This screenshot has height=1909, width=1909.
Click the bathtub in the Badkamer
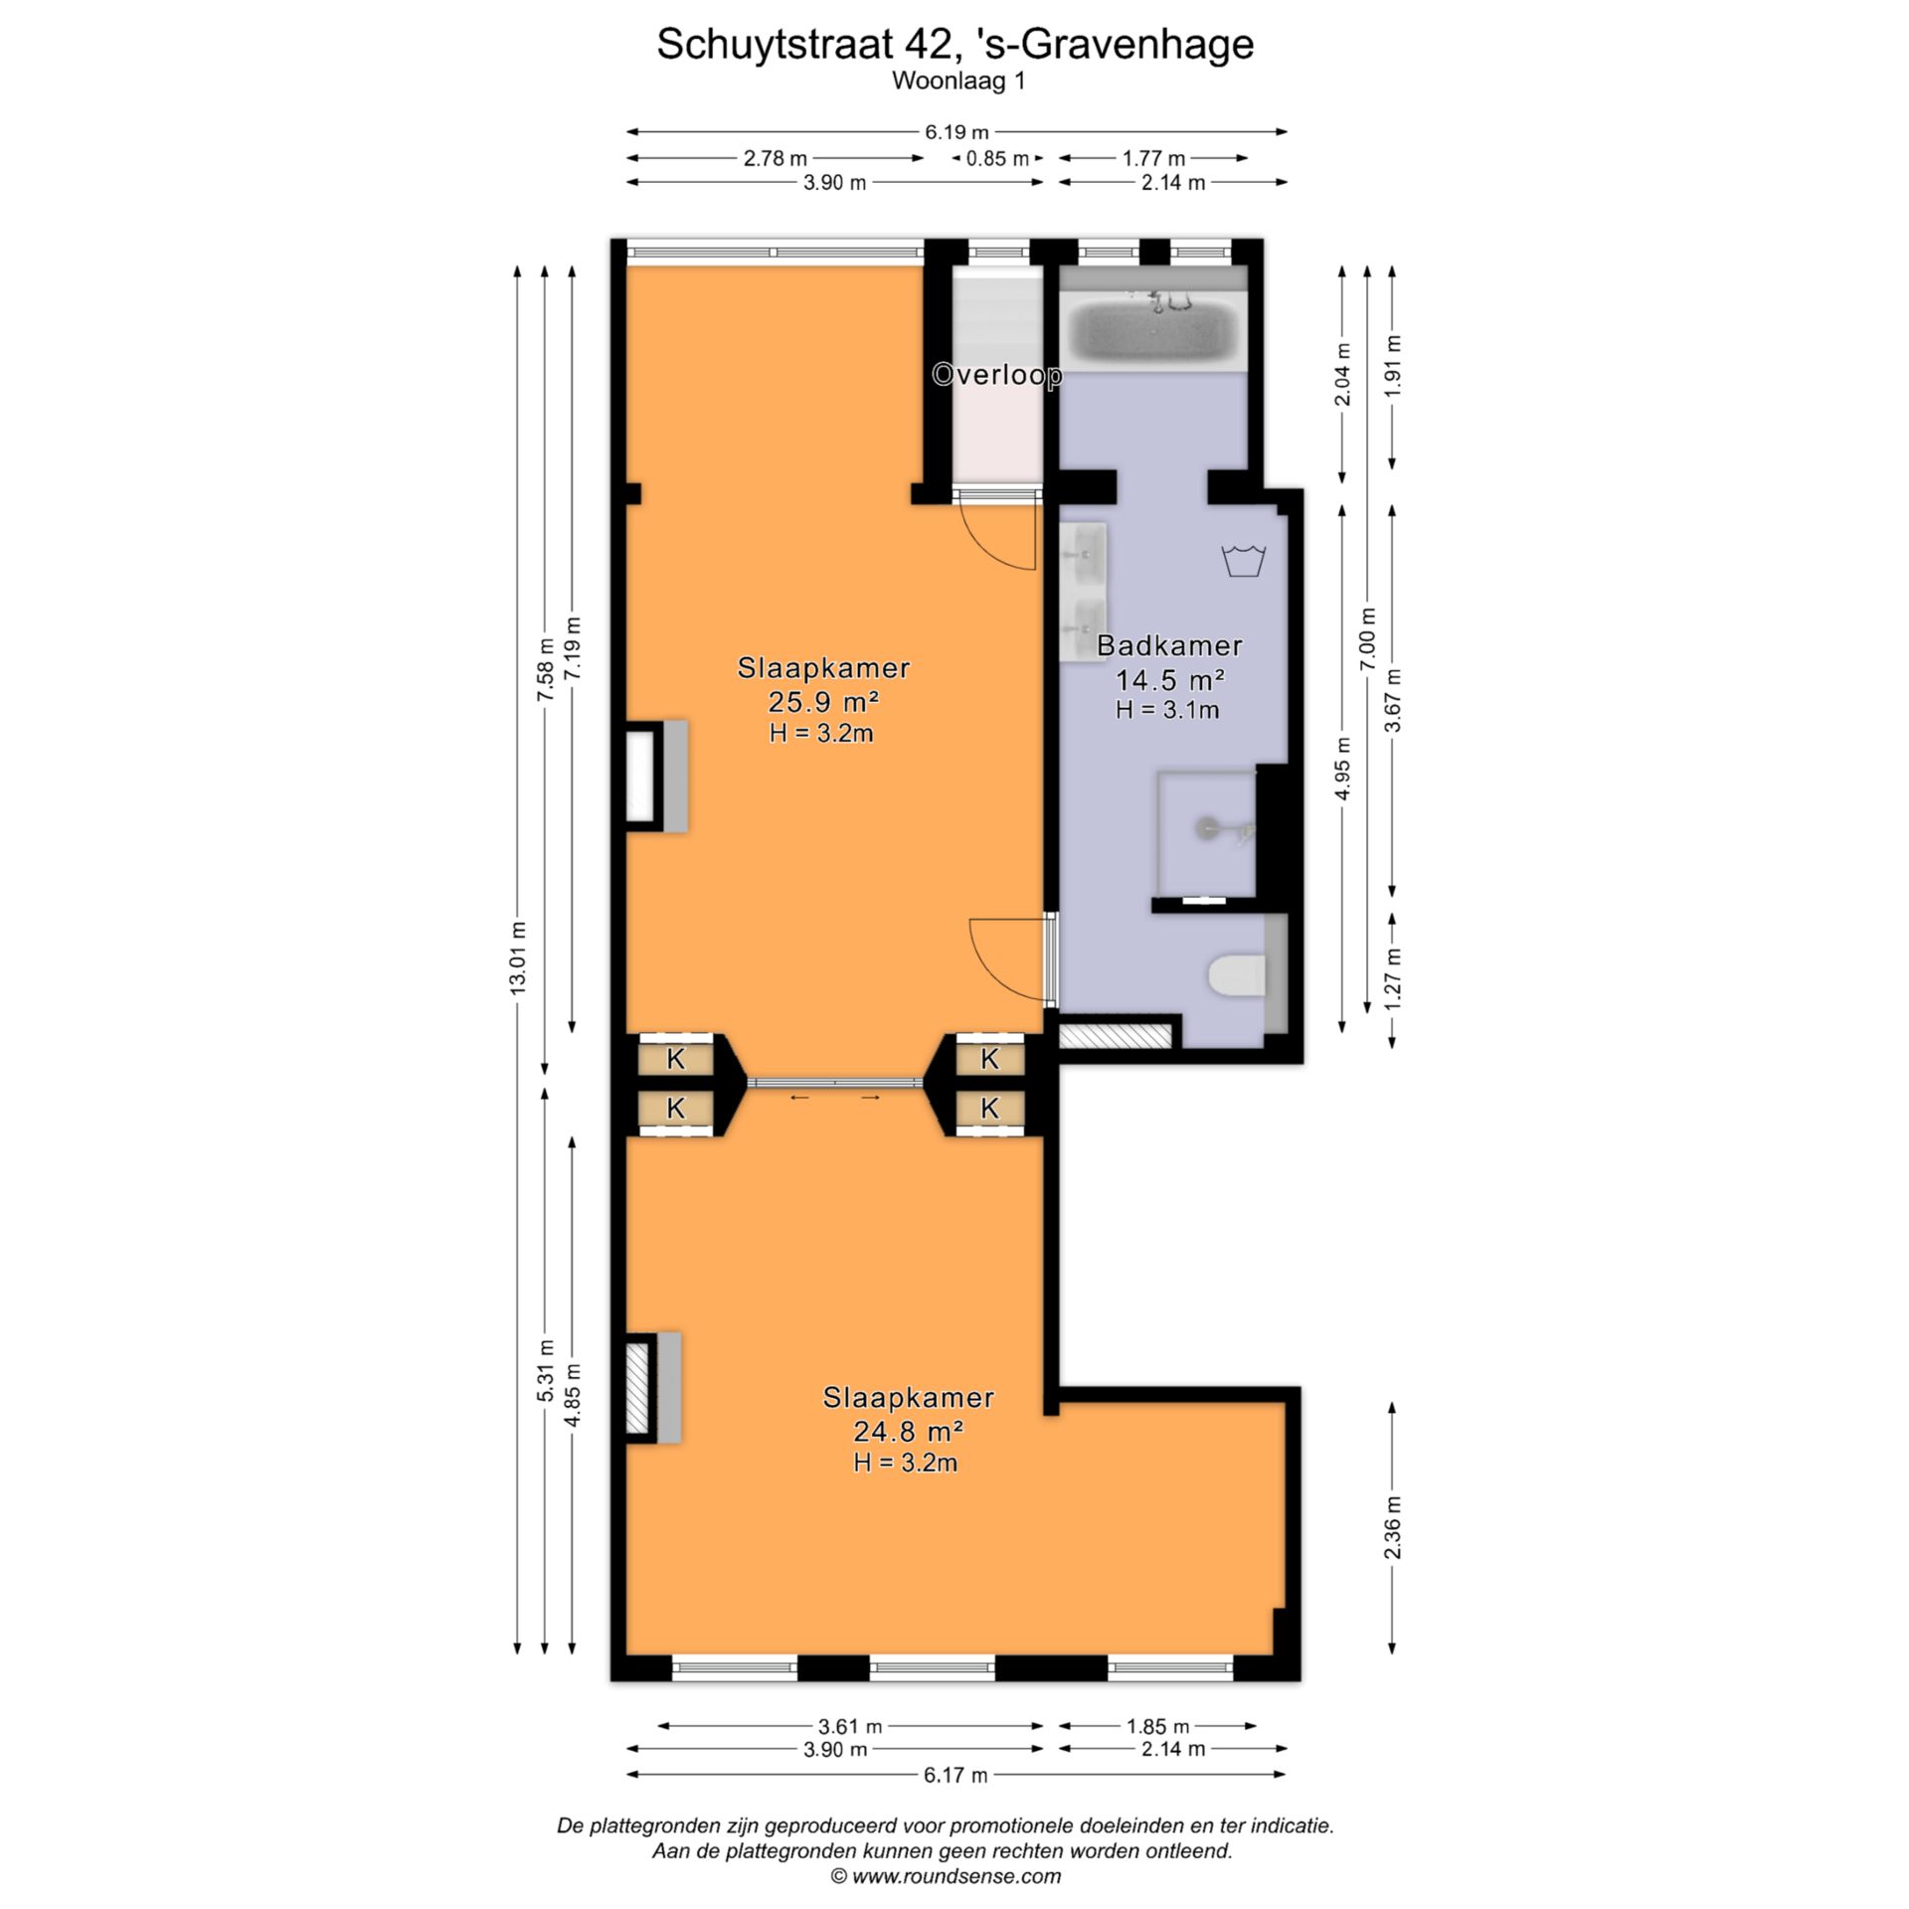tap(1152, 328)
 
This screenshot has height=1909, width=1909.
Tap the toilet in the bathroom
tap(1237, 976)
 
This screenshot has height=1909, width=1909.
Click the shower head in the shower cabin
tap(1206, 824)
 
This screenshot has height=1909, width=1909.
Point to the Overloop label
tap(997, 375)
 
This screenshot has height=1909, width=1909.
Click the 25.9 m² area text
tap(822, 703)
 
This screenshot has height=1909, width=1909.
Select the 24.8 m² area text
tap(908, 1432)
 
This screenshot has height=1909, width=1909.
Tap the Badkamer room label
tap(1169, 645)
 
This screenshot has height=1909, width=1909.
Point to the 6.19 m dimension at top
tap(956, 132)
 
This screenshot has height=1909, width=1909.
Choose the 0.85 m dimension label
tap(997, 158)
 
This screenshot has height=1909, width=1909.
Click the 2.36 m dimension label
tap(1393, 1529)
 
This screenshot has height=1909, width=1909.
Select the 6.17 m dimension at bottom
tap(955, 1775)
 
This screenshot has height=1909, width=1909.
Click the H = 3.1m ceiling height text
tap(1167, 710)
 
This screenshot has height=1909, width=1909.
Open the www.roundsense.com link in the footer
tap(955, 1877)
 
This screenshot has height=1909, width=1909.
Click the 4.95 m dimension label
tap(1343, 769)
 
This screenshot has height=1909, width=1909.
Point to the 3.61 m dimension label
tap(850, 1726)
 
